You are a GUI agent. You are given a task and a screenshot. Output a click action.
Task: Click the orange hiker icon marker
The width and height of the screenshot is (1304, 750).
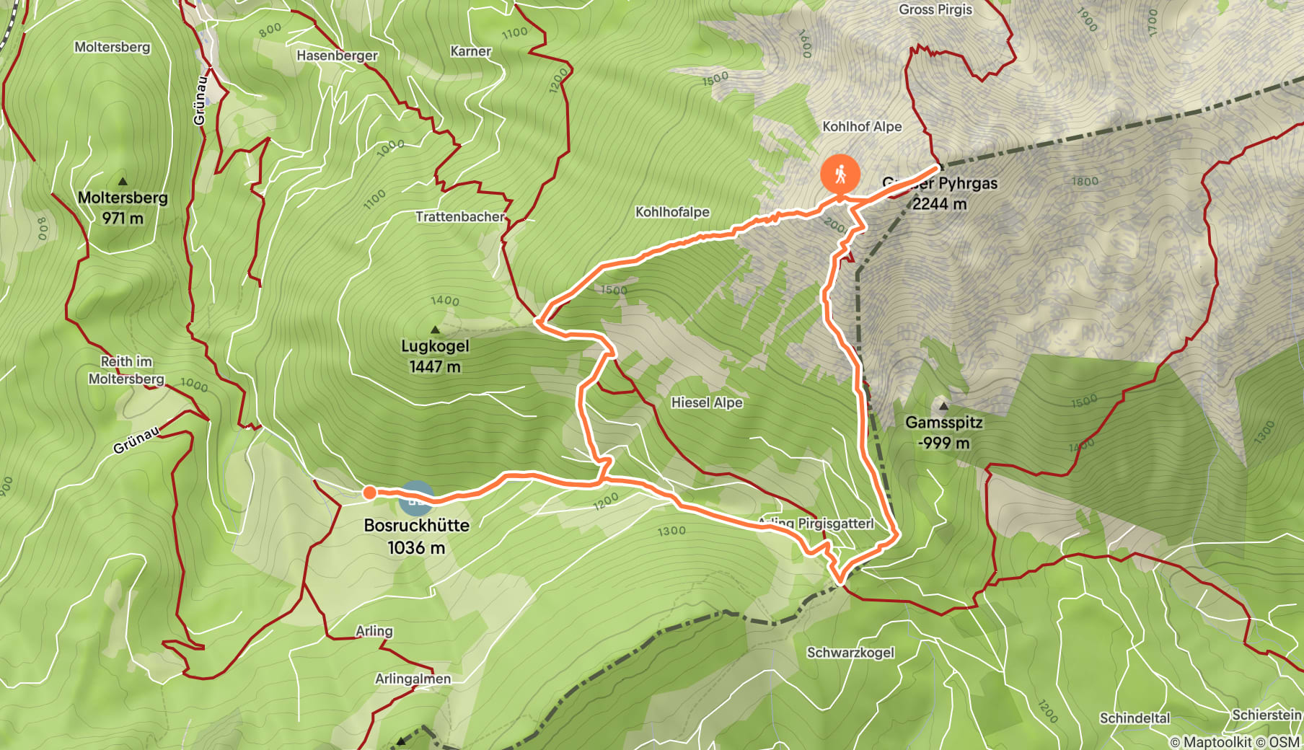[840, 174]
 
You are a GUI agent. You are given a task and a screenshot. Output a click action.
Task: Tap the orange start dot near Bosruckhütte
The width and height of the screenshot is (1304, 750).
[369, 493]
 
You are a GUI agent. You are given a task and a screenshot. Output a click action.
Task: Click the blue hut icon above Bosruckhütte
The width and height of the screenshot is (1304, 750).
[416, 498]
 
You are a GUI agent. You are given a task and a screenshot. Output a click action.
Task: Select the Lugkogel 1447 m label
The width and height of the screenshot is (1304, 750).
[435, 356]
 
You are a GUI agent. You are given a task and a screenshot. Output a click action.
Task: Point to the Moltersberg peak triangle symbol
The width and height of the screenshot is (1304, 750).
[123, 181]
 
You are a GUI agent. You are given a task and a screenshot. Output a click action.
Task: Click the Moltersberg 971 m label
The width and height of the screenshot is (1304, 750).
[123, 208]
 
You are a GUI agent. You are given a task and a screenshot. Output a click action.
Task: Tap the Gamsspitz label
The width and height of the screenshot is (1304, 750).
[943, 432]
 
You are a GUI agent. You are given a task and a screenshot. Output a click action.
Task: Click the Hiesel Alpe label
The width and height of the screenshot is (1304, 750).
[707, 402]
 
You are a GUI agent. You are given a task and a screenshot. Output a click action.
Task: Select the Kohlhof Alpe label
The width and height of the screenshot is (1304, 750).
[862, 126]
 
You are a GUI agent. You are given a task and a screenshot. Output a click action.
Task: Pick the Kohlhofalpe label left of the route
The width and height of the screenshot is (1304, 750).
[672, 212]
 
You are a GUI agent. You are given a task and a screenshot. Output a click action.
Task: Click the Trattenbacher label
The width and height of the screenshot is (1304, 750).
[460, 216]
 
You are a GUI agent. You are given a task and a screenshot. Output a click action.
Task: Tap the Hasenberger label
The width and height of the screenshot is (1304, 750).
[337, 56]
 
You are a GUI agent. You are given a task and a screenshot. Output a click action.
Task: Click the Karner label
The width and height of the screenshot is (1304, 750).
[470, 51]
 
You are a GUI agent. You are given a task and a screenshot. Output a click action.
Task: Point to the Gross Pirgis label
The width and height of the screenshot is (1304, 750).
[935, 9]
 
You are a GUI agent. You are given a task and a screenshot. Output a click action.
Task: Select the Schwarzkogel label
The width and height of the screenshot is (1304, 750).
[850, 653]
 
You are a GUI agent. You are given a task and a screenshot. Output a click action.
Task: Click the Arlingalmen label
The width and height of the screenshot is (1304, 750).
[413, 679]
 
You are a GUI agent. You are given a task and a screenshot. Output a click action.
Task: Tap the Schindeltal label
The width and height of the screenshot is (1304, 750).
[1135, 718]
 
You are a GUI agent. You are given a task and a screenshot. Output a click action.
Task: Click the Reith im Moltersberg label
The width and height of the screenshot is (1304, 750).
[126, 370]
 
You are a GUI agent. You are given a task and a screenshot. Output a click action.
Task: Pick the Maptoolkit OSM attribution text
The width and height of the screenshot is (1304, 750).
[1234, 741]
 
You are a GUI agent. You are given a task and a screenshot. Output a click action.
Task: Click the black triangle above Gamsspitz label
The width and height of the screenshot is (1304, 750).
[943, 405]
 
